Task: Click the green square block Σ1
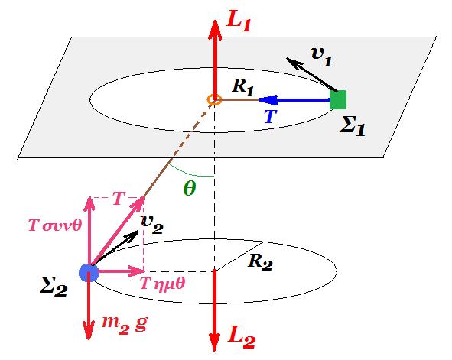pos(338,99)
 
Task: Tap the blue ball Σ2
pos(89,272)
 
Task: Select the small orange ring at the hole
pos(214,99)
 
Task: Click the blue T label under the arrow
pos(271,116)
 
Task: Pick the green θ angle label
pos(190,189)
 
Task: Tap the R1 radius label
pos(242,86)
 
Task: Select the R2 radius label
pos(260,261)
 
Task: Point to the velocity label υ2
pos(152,225)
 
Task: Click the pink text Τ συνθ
pos(55,225)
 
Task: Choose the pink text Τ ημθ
pos(162,284)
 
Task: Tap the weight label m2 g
pos(125,325)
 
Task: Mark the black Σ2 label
pos(54,288)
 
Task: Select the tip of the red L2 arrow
pos(214,351)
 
